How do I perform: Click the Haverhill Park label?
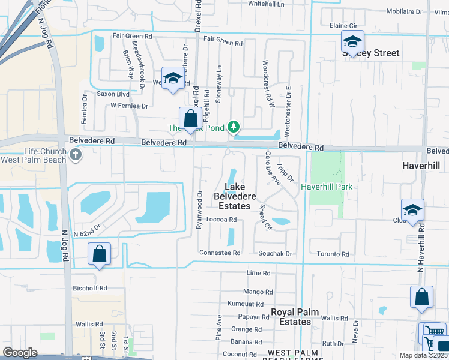point(327,187)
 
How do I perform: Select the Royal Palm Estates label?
point(291,317)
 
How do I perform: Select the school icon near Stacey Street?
point(352,42)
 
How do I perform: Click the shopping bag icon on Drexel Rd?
point(190,118)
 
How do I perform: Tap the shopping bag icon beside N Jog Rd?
point(100,254)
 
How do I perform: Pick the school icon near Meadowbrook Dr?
point(173,79)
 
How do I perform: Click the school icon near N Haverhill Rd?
point(412,210)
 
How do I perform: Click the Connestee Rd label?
point(220,253)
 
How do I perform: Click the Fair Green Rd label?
point(223,43)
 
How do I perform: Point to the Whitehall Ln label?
point(266,4)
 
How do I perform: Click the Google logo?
point(20,353)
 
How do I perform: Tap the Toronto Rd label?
point(333,254)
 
